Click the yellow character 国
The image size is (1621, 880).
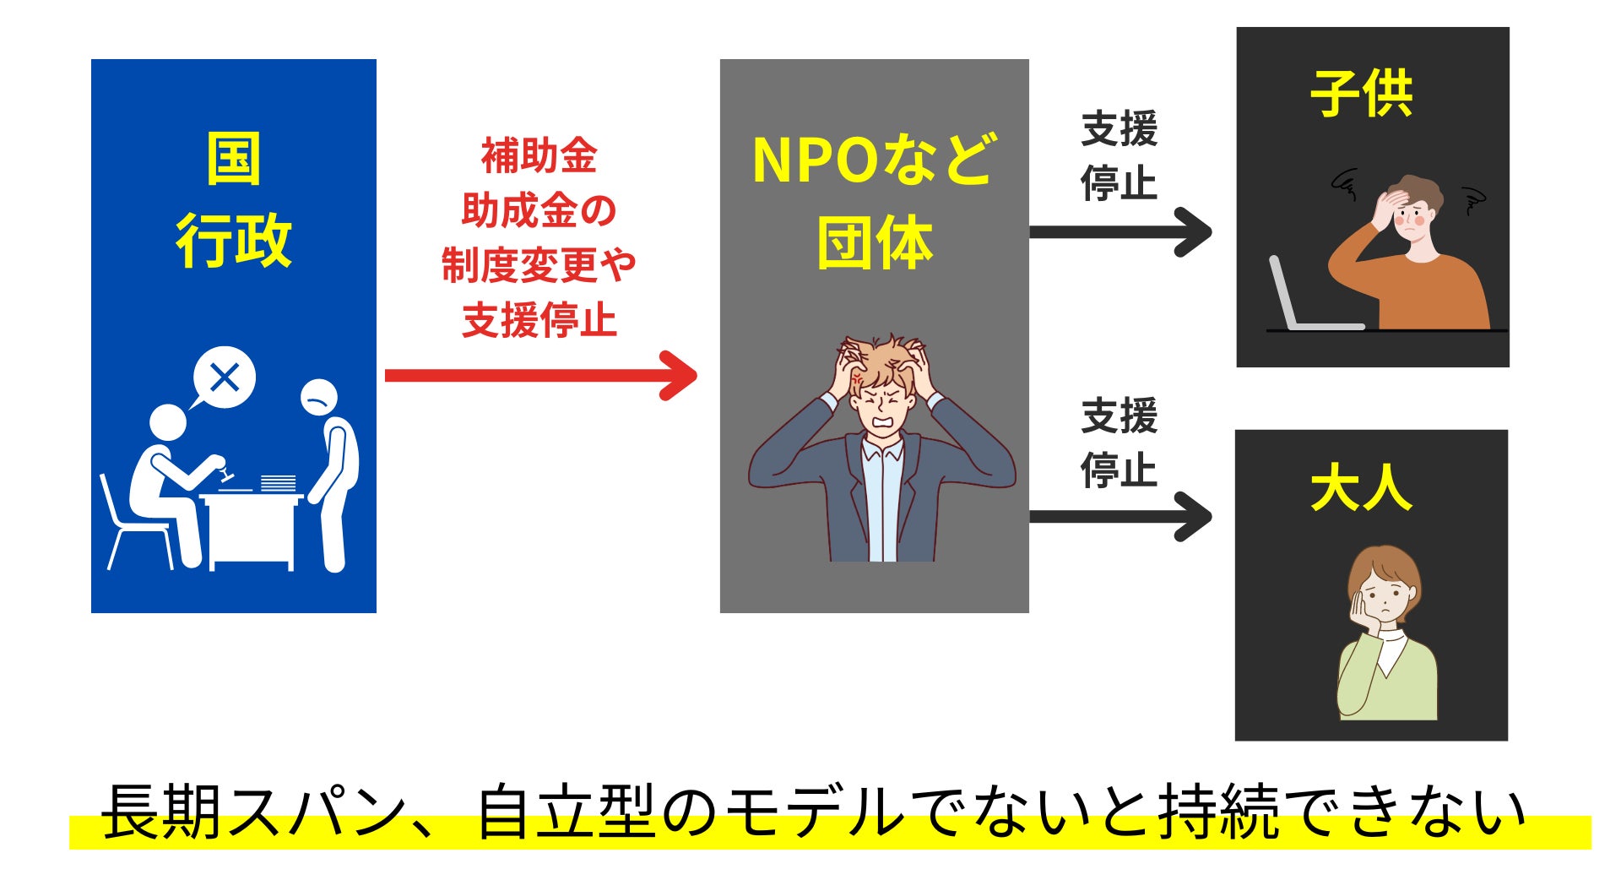233,159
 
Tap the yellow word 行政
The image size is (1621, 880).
233,241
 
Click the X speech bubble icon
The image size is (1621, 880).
225,378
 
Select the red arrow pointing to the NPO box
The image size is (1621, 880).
540,375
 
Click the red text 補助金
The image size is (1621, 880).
539,156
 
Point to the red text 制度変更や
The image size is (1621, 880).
539,265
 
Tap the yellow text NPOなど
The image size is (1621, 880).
874,160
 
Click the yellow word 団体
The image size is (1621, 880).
874,243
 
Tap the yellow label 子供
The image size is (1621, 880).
1361,94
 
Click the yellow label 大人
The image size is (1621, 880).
1361,489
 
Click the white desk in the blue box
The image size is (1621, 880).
251,528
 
